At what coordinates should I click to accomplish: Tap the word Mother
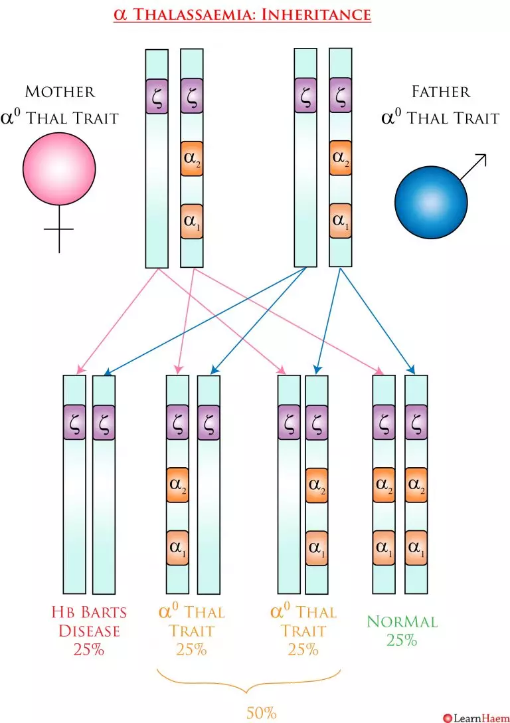60,92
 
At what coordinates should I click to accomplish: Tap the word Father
440,92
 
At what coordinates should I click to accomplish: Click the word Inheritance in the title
315,14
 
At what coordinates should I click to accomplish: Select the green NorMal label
402,622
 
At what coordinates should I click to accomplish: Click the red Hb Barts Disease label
88,620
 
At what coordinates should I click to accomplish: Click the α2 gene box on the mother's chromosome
192,159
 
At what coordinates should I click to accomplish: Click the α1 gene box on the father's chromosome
341,220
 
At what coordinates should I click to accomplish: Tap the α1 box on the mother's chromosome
192,220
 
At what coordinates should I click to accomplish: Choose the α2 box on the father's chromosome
341,159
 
